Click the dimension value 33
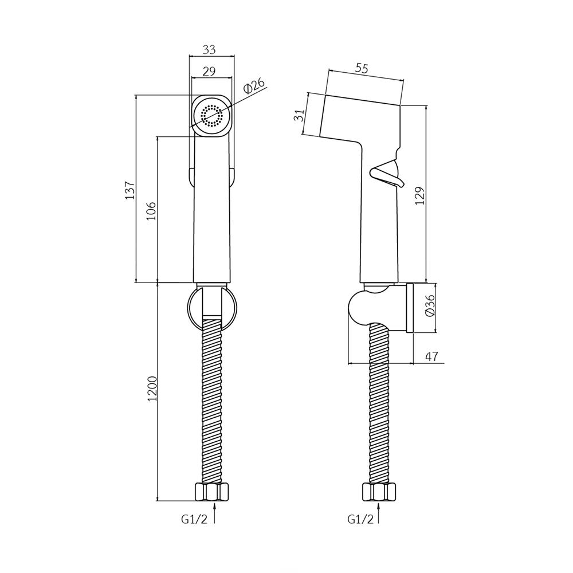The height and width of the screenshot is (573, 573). click(209, 49)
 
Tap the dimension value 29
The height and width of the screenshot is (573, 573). click(209, 71)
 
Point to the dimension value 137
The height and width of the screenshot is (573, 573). click(131, 190)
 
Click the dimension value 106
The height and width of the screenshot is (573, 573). click(152, 211)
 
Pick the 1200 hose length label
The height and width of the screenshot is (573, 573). click(152, 388)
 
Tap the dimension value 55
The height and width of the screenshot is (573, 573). click(362, 68)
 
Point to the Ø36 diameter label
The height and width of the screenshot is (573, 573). click(430, 305)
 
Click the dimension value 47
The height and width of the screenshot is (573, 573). click(432, 356)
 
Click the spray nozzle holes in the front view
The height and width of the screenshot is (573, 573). click(211, 116)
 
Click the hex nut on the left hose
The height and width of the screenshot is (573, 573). click(212, 492)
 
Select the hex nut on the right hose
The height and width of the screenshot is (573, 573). click(379, 492)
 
